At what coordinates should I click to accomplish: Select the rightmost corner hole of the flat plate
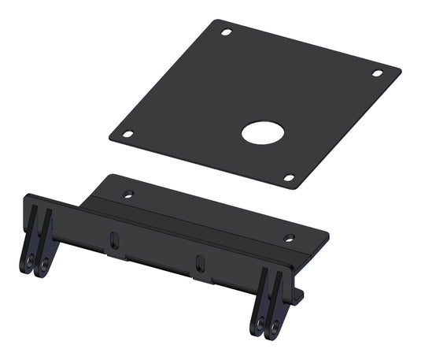pyautogui.click(x=377, y=73)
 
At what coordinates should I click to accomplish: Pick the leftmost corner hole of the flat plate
pyautogui.click(x=129, y=134)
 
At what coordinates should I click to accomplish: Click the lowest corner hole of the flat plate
pyautogui.click(x=289, y=177)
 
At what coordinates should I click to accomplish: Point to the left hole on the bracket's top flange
pyautogui.click(x=128, y=193)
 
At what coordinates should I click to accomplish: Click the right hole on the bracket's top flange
pyautogui.click(x=289, y=238)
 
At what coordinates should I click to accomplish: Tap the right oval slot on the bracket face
pyautogui.click(x=199, y=262)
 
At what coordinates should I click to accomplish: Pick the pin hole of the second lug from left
pyautogui.click(x=45, y=262)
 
